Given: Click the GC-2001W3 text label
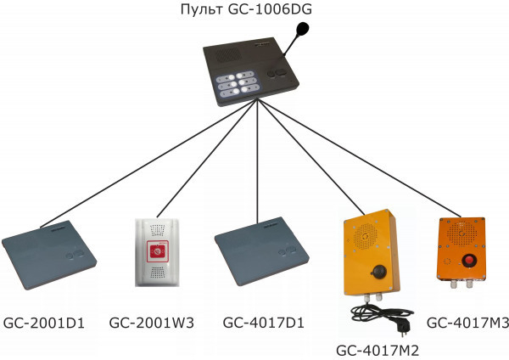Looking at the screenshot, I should click(x=152, y=323).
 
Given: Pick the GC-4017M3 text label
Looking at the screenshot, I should click(x=467, y=323).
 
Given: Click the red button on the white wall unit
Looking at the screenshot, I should click(x=156, y=250).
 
